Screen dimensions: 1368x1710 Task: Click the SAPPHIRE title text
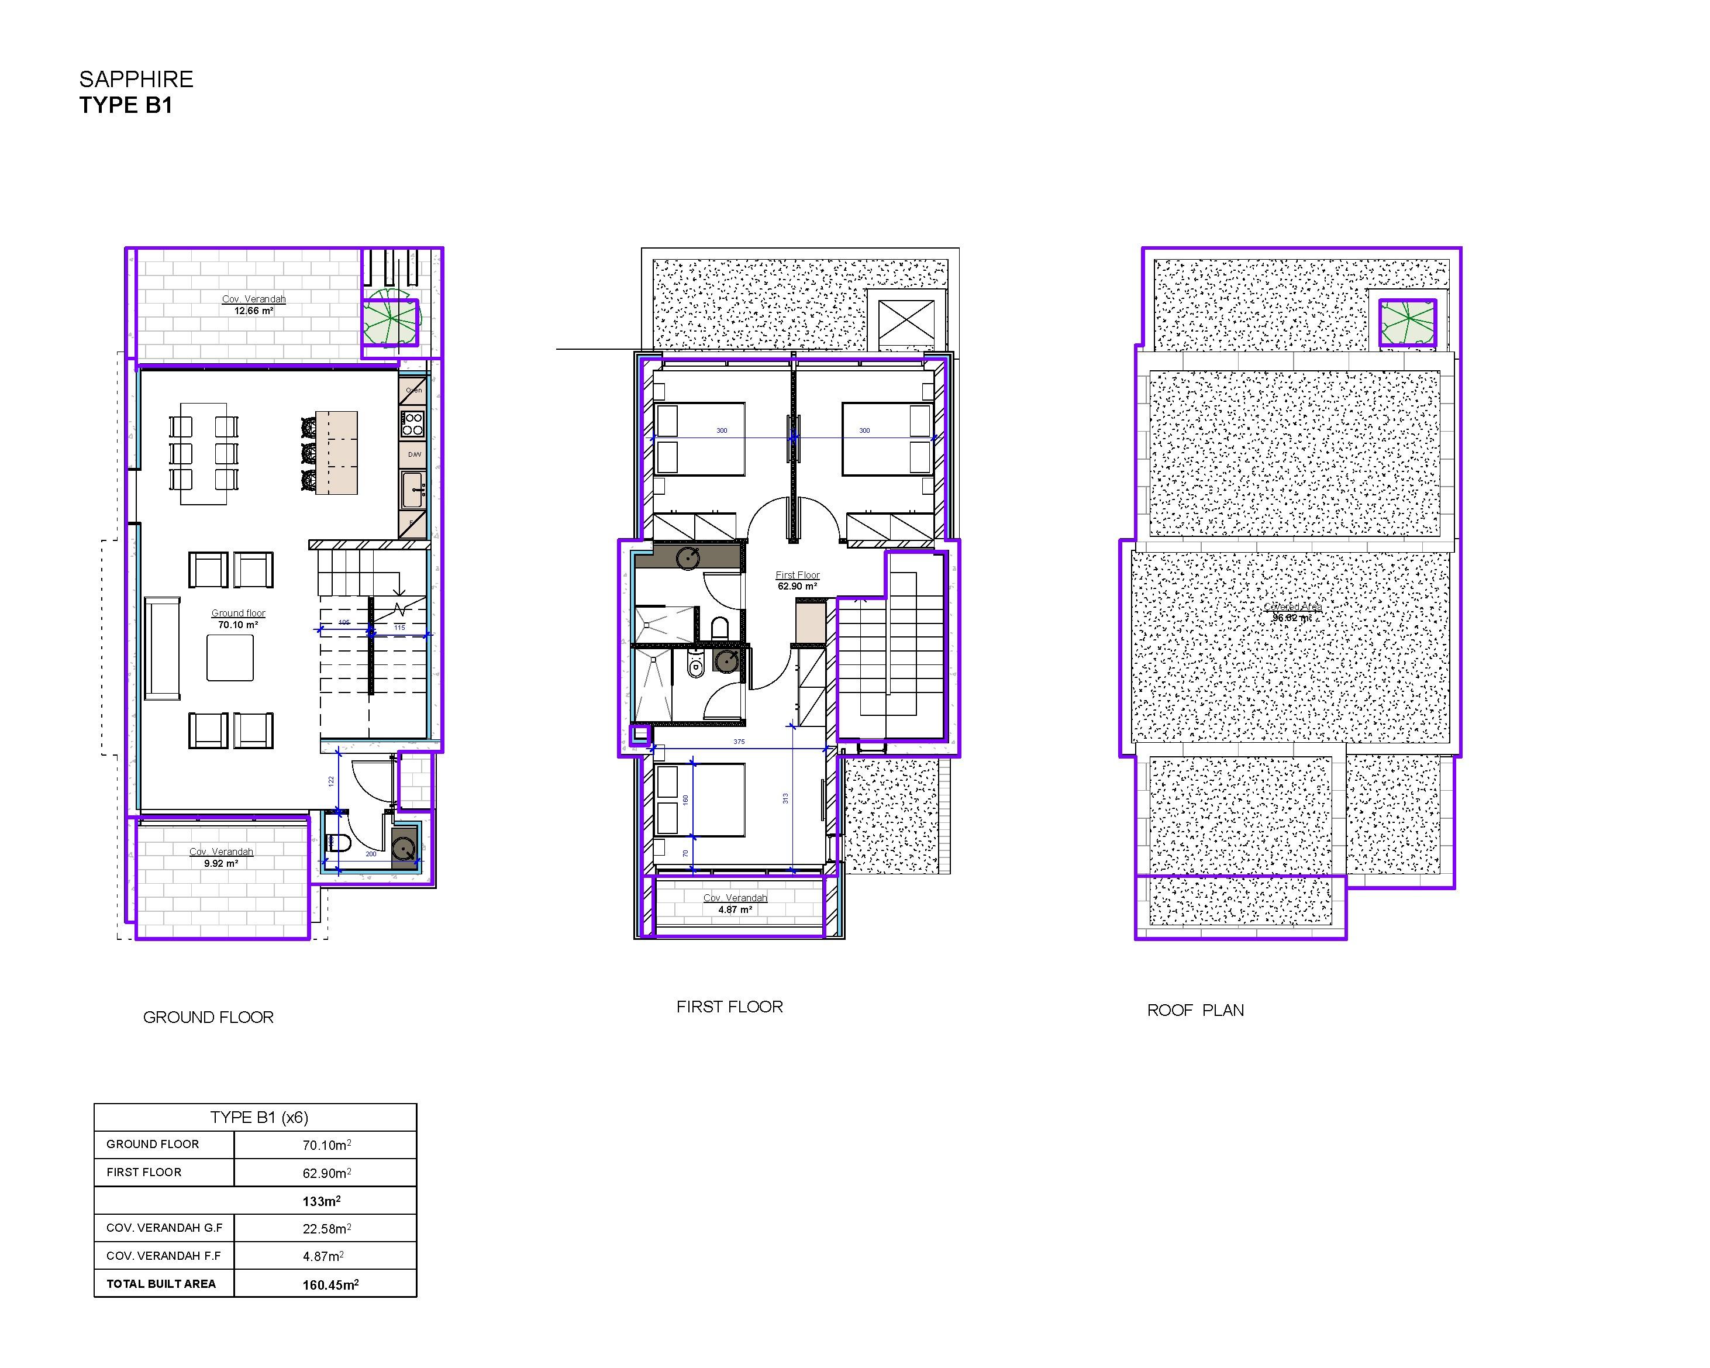pos(136,80)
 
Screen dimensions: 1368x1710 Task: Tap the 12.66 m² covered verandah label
pos(253,305)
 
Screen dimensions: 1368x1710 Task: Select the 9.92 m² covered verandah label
pos(220,857)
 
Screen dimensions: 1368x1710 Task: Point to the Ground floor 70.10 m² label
pos(238,619)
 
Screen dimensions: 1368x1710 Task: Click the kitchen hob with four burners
pos(414,424)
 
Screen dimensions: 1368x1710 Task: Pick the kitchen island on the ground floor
pos(336,453)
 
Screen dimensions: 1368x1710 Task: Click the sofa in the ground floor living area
pos(162,648)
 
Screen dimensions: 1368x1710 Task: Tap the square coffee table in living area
pos(230,658)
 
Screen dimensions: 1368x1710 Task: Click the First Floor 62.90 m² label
pos(797,581)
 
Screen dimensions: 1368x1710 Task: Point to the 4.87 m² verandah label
pos(735,904)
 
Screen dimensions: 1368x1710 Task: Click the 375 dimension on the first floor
pos(739,742)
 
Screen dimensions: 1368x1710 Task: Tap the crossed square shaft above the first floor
pos(906,321)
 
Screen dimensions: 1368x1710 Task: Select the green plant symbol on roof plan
pos(1407,323)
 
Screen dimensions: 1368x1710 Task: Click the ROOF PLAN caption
pos(1195,1010)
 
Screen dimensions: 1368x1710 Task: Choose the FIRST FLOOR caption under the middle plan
pos(729,1007)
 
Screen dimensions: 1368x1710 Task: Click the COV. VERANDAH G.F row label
pos(164,1228)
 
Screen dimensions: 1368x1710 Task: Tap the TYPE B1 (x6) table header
pos(258,1118)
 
